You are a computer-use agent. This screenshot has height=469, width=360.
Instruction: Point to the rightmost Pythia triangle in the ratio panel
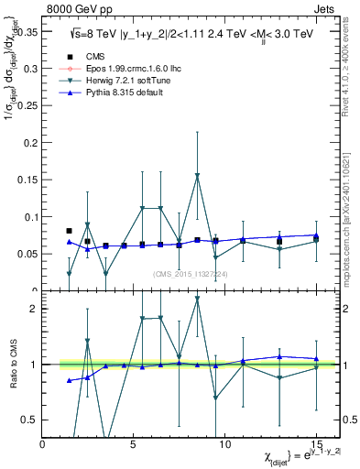[315, 359]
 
